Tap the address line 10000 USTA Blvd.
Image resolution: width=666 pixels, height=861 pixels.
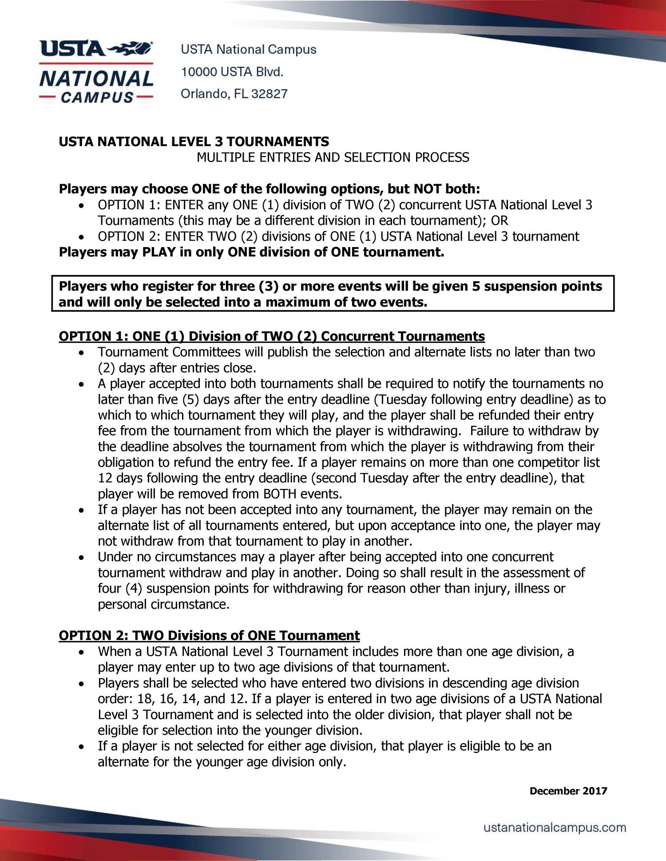pyautogui.click(x=232, y=72)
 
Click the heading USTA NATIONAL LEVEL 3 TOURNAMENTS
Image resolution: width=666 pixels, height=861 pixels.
pyautogui.click(x=194, y=142)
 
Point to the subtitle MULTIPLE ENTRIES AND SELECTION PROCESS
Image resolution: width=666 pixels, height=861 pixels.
pyautogui.click(x=333, y=157)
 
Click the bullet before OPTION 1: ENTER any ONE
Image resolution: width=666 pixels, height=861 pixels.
pyautogui.click(x=80, y=206)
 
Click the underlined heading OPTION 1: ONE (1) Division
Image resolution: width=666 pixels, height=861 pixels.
pyautogui.click(x=271, y=336)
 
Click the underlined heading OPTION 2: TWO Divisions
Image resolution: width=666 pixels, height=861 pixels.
pyautogui.click(x=209, y=636)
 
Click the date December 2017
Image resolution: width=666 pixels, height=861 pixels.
pyautogui.click(x=568, y=791)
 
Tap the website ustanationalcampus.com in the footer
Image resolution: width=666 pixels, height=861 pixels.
pyautogui.click(x=555, y=827)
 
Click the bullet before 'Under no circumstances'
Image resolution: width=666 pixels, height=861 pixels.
pyautogui.click(x=80, y=558)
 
